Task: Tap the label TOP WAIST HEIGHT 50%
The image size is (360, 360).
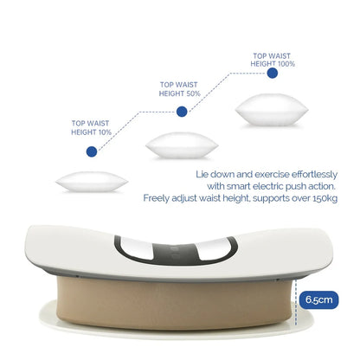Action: pos(182,88)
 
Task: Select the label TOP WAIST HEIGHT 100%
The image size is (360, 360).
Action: pos(272,59)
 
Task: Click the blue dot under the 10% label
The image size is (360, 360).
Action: pos(91,151)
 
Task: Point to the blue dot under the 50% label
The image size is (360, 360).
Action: pos(182,112)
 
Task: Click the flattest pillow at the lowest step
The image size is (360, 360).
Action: pos(92,183)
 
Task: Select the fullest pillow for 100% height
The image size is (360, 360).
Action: pos(271,112)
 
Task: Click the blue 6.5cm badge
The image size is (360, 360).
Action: pos(317,299)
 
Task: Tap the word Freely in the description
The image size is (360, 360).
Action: pos(158,198)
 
